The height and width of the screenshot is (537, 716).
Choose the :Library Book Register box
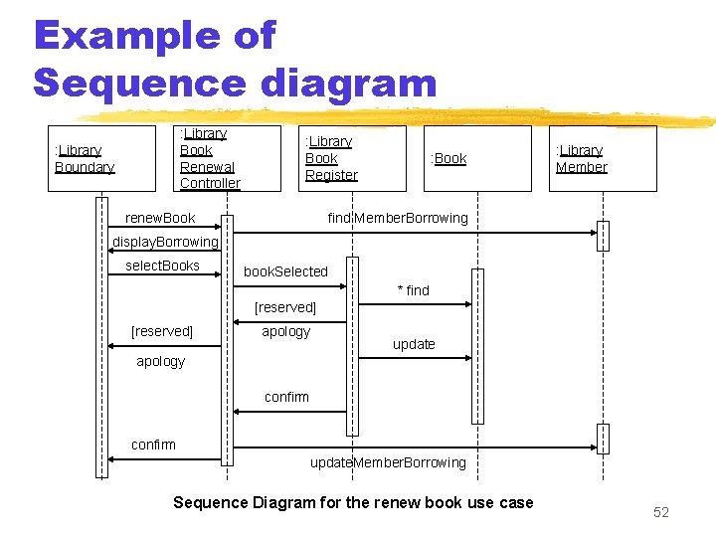352,158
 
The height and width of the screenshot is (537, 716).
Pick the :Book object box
477,158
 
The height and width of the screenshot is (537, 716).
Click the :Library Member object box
603,158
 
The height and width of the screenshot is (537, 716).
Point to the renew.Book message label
160,218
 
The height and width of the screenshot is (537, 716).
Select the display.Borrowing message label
164,242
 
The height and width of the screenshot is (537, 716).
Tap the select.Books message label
162,266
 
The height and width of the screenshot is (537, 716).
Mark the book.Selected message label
285,271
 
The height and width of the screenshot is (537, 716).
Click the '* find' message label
414,290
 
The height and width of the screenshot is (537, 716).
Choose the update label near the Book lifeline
414,344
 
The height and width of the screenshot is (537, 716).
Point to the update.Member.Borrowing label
388,462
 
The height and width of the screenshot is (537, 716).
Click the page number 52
661,512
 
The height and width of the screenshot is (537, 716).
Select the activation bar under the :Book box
477,346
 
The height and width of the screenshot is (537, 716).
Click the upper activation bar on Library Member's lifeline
602,236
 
